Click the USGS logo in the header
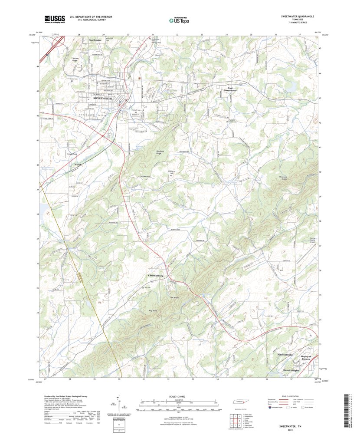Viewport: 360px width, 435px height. click(x=54, y=19)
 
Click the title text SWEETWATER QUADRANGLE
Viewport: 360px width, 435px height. click(x=297, y=16)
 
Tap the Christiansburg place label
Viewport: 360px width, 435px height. click(x=155, y=276)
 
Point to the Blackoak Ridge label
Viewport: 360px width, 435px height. click(x=149, y=152)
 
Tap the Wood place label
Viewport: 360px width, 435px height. click(x=78, y=165)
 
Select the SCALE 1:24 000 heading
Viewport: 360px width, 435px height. click(x=179, y=396)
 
